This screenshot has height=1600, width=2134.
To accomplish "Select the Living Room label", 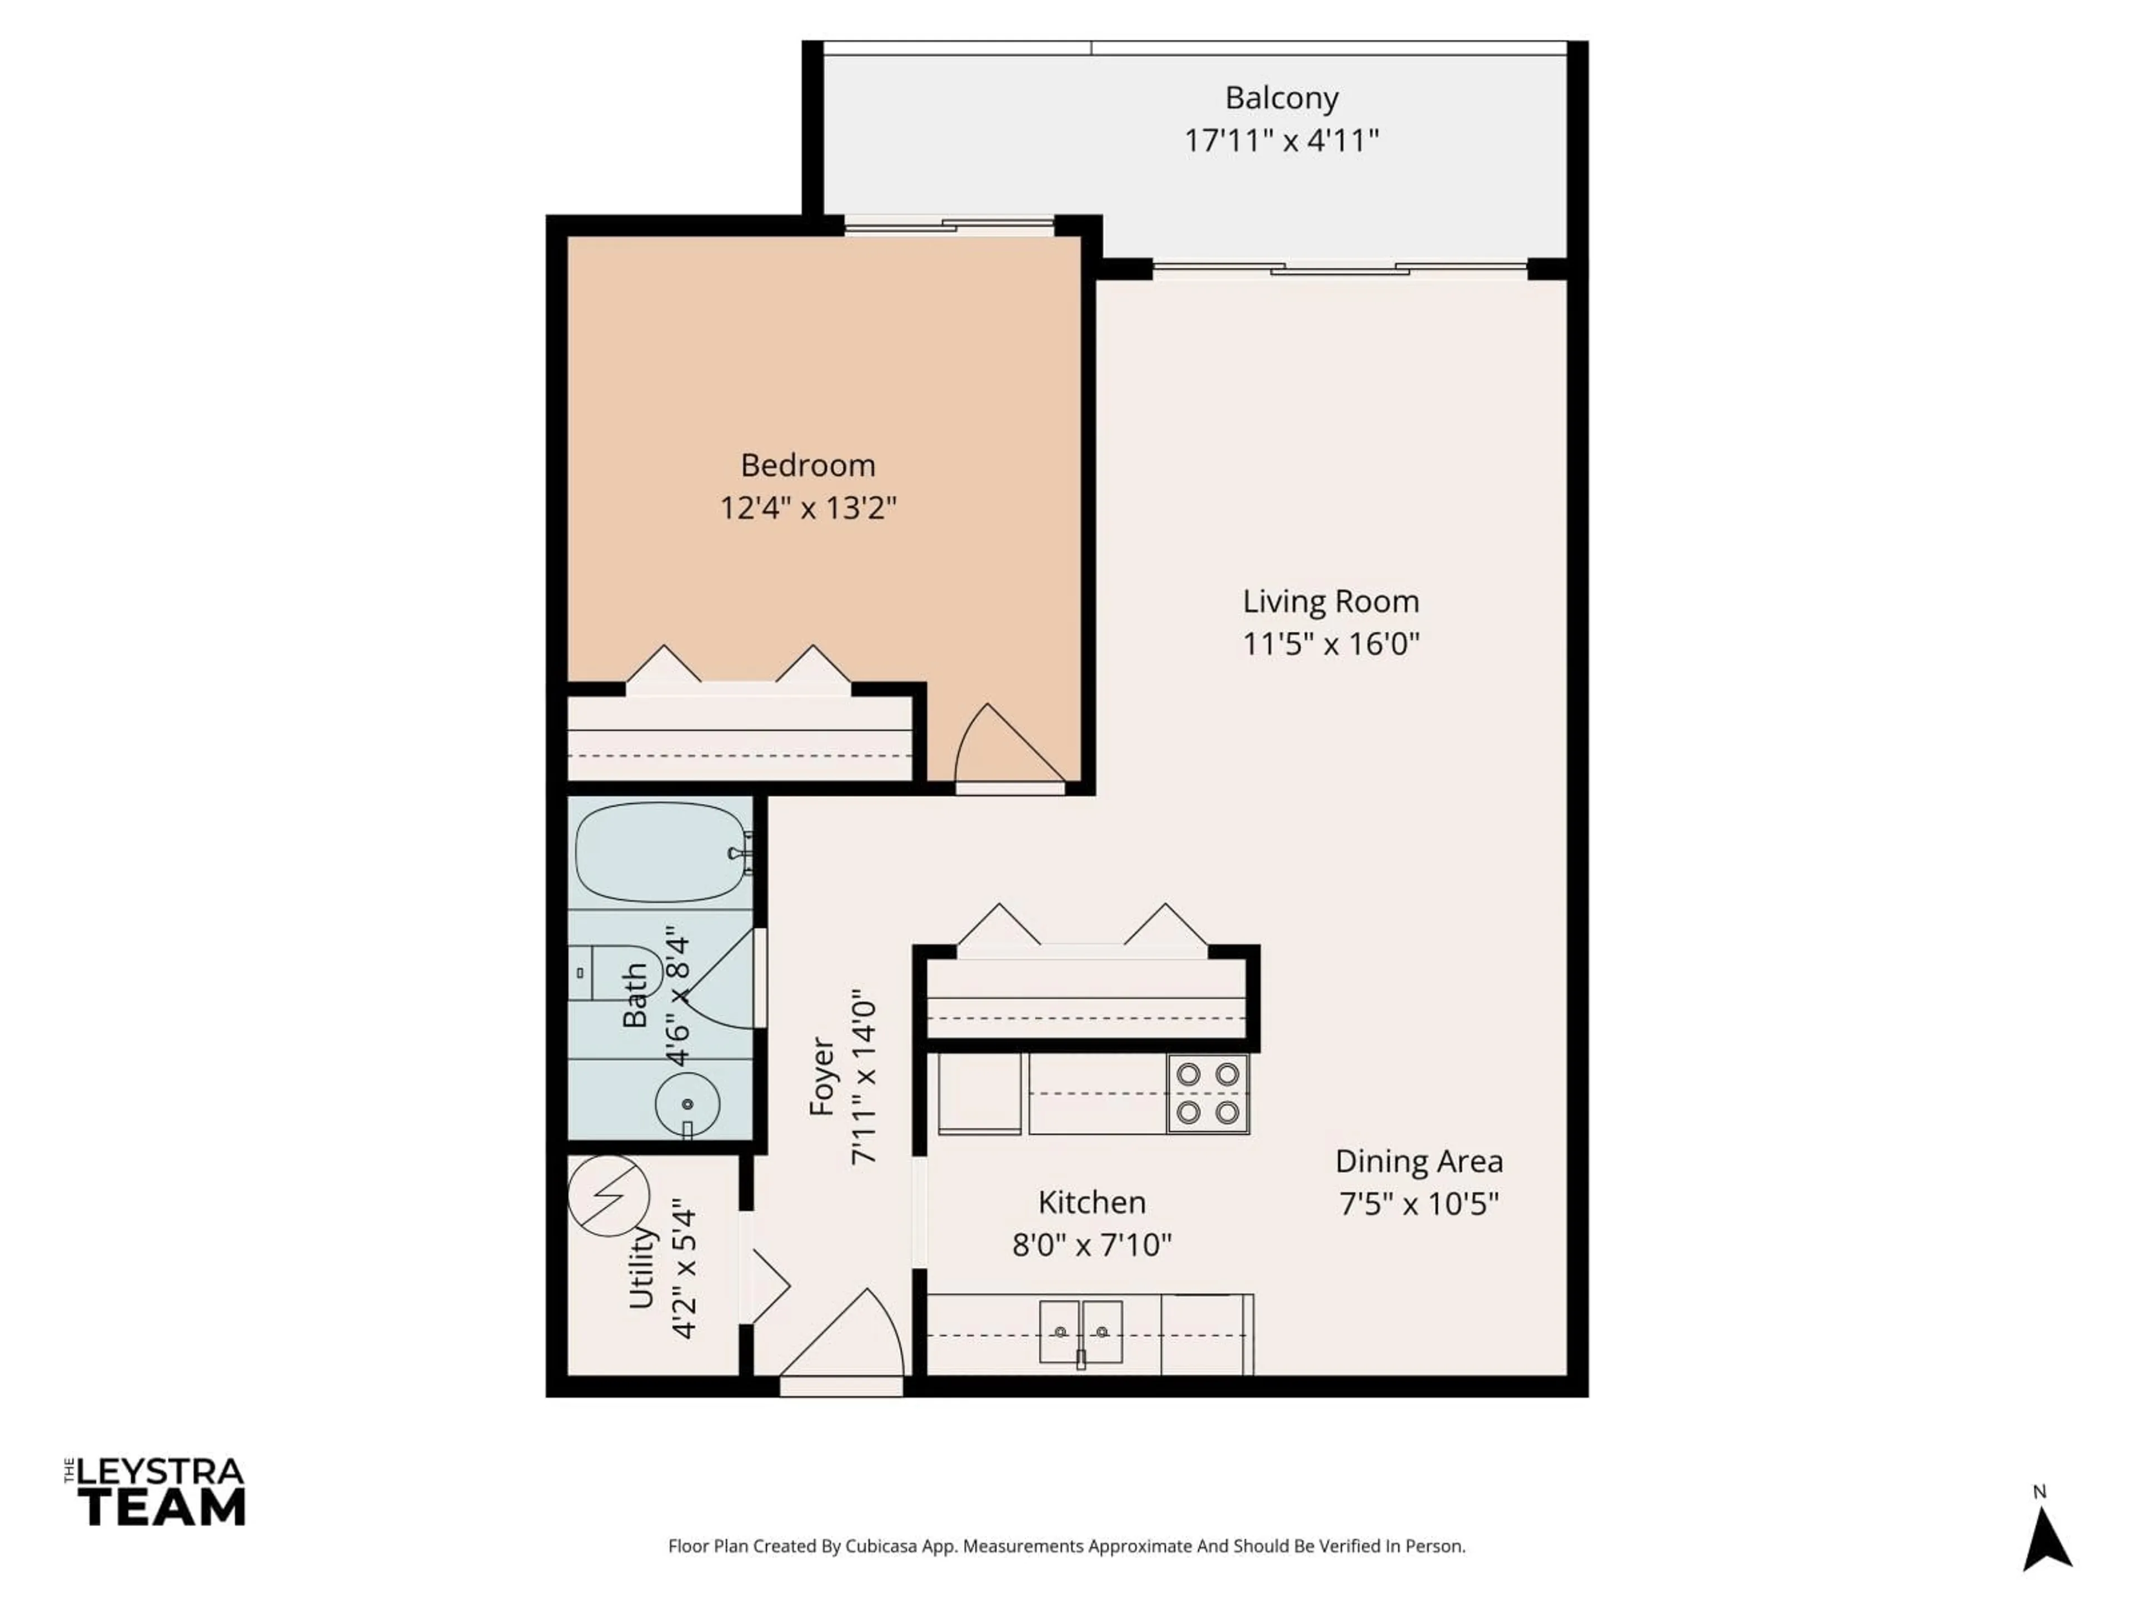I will [1330, 602].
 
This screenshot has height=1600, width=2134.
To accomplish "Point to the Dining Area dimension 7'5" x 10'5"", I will [1418, 1204].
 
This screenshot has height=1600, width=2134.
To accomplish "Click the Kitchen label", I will [1091, 1203].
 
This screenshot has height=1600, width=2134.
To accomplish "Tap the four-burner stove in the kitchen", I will [1208, 1093].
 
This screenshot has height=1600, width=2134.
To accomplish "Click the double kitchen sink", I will [1080, 1331].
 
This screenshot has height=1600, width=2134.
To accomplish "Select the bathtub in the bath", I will [661, 853].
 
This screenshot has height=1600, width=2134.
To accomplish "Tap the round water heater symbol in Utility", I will [609, 1195].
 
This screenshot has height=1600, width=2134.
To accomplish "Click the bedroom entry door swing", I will [1008, 747].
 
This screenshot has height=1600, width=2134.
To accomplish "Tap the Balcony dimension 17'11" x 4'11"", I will [1281, 141].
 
